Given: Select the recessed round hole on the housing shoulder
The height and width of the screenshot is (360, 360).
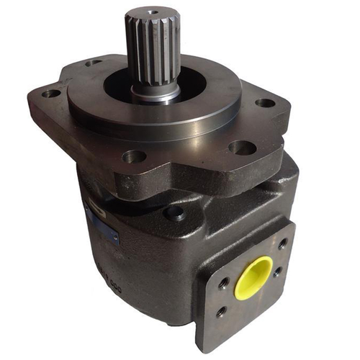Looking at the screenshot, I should click(174, 213).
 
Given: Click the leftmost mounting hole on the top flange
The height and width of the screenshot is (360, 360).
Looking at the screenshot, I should click(52, 94).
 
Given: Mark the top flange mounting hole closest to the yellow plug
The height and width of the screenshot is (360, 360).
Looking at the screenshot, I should click(241, 148).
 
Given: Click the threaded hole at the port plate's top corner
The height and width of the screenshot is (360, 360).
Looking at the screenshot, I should click(282, 243).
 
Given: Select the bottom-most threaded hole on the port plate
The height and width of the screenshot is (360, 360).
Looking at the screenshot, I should click(221, 311).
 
